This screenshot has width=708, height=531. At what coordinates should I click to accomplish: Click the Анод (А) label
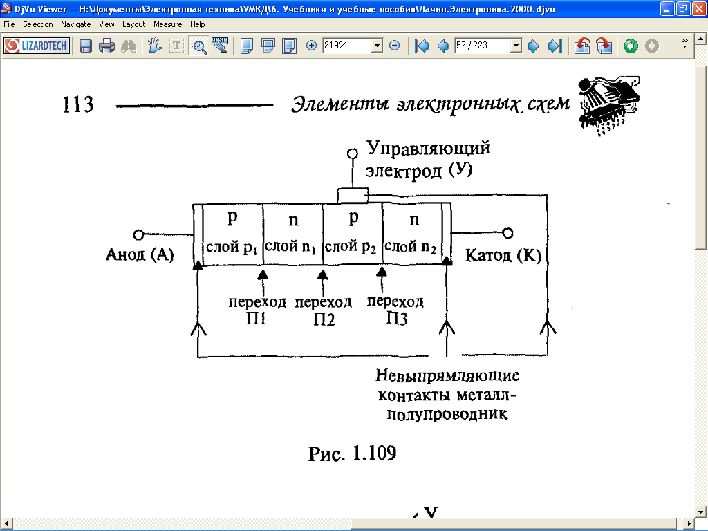click(140, 254)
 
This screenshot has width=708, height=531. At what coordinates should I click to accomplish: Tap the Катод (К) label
click(503, 256)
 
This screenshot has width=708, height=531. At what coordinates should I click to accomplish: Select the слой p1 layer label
click(232, 247)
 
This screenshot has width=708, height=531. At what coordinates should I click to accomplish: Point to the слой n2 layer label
click(411, 247)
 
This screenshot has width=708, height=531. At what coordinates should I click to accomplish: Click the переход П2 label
click(324, 310)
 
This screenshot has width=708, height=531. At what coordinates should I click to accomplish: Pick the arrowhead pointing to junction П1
click(262, 274)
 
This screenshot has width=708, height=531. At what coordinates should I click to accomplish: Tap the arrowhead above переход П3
click(382, 271)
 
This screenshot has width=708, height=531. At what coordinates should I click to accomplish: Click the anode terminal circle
click(138, 235)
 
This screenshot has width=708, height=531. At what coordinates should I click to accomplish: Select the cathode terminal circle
click(507, 233)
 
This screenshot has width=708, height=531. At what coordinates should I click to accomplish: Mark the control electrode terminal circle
click(353, 153)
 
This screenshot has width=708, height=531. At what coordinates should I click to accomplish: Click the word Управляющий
click(428, 149)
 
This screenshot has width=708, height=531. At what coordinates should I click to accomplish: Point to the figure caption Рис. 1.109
click(352, 454)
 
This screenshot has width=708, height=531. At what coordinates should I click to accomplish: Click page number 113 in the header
click(77, 104)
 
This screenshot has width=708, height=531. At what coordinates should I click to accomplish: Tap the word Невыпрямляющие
click(447, 375)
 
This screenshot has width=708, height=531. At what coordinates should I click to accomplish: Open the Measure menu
click(167, 24)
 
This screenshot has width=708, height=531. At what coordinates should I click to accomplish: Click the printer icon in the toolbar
click(106, 46)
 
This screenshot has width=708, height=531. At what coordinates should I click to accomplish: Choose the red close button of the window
click(698, 8)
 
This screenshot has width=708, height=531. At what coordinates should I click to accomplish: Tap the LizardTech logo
click(37, 46)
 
